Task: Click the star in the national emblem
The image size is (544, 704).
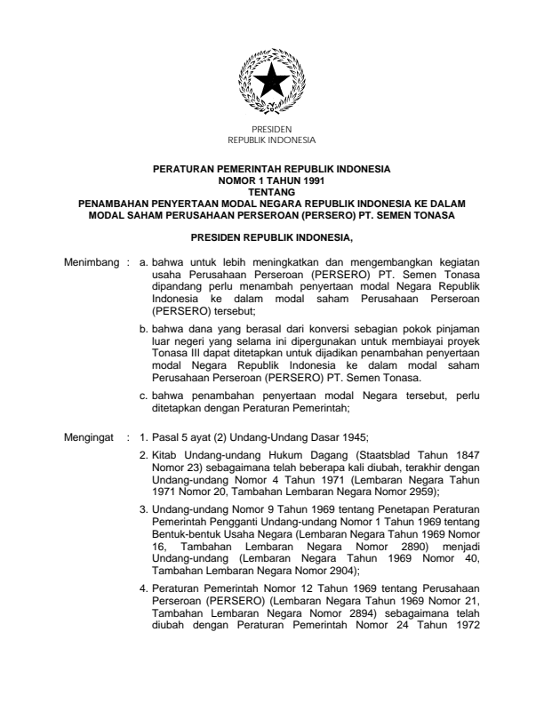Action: tap(271, 85)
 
